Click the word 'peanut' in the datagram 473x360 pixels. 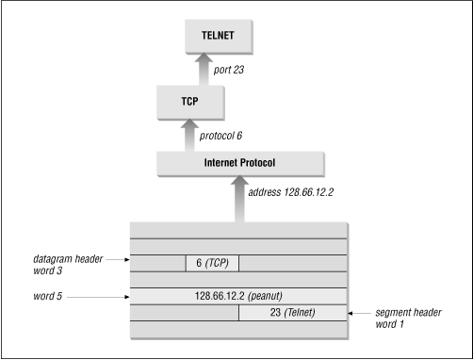point(275,297)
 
